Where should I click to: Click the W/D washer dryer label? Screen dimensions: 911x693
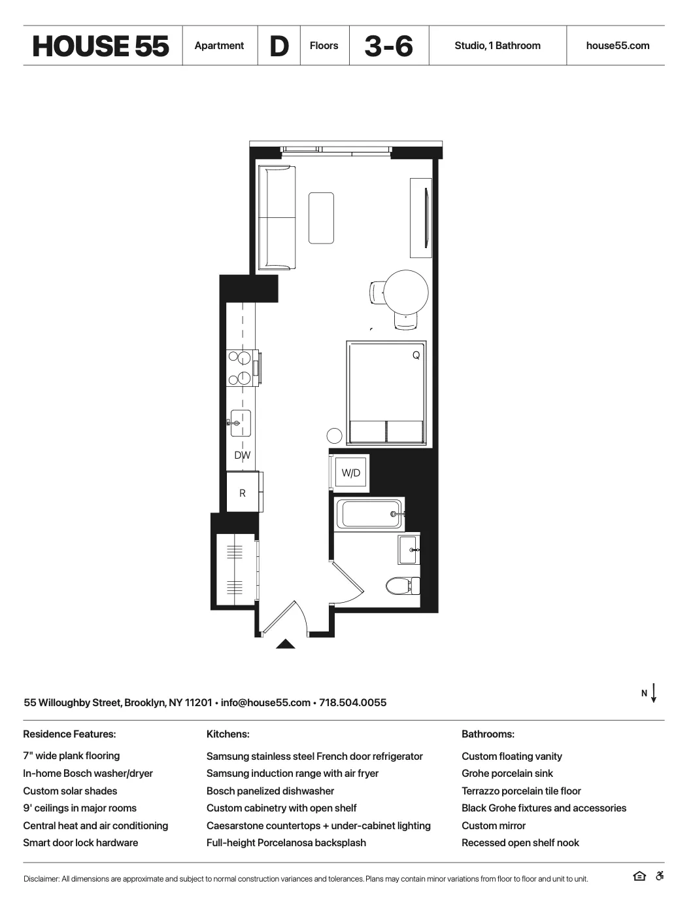pos(351,473)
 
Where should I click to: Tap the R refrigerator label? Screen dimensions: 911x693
pos(243,493)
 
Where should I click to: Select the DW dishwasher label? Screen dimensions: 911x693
pos(243,455)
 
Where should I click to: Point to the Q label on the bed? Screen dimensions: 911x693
pos(416,355)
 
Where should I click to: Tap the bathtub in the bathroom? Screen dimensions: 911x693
pos(369,514)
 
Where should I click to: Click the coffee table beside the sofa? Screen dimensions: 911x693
pos(321,218)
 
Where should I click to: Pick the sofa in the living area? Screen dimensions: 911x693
pos(277,218)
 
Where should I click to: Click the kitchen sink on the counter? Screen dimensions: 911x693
pos(240,423)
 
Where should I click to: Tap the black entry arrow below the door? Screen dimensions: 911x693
pos(286,644)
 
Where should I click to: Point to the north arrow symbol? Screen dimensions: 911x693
pos(653,693)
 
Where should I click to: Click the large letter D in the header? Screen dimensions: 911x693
pos(279,46)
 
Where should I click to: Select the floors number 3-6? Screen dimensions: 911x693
pos(389,46)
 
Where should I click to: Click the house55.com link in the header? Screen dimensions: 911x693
pos(618,46)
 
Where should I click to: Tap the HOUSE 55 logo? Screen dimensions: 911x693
pos(101,46)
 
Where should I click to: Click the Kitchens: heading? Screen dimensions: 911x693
pos(228,734)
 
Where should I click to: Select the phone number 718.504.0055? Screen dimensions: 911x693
pos(353,703)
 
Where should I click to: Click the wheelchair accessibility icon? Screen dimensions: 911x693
pos(660,877)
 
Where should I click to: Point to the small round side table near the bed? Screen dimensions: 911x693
pos(334,436)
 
